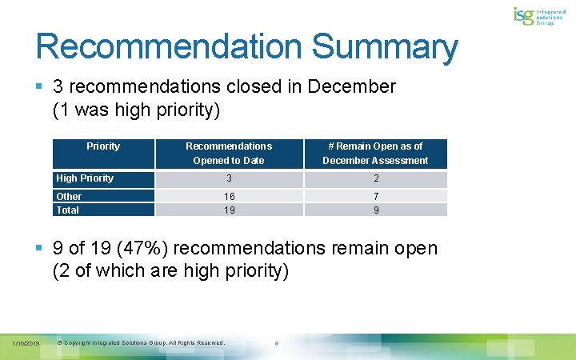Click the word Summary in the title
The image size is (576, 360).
[x=385, y=46]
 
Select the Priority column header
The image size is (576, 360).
[x=103, y=146]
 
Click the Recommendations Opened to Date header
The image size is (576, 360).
[x=229, y=153]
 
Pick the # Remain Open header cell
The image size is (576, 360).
[x=375, y=153]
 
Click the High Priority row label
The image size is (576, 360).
[x=85, y=178]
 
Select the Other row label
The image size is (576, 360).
[x=69, y=196]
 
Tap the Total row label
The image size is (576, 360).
[x=68, y=210]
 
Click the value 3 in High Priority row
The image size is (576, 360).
[x=229, y=178]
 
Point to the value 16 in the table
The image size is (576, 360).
[x=229, y=196]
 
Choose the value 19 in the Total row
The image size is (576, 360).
[x=229, y=210]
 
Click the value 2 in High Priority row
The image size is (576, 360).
[x=375, y=178]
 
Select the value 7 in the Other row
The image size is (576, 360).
[x=375, y=196]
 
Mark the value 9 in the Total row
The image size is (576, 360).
[x=375, y=210]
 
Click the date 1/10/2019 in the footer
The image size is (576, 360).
[x=26, y=343]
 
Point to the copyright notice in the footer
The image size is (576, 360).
[x=142, y=343]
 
